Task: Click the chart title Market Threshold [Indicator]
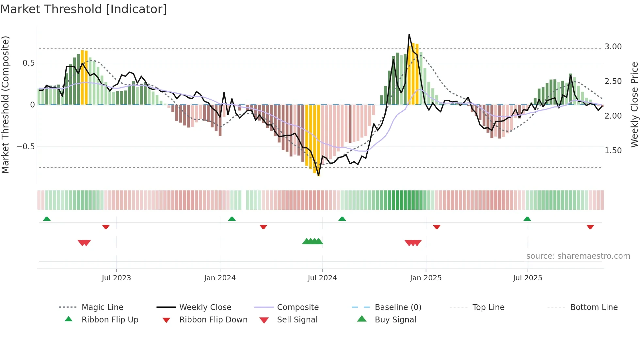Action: click(x=84, y=9)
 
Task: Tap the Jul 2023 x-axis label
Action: click(x=116, y=278)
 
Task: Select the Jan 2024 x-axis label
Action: click(x=220, y=278)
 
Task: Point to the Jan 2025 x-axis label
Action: click(x=425, y=278)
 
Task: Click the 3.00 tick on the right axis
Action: click(x=613, y=47)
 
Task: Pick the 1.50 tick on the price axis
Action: click(x=613, y=151)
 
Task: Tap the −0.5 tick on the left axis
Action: click(x=25, y=147)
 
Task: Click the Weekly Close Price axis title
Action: click(x=634, y=105)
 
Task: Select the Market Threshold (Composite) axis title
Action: click(x=5, y=105)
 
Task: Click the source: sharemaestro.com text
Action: click(x=578, y=256)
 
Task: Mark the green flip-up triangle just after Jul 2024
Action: click(x=342, y=219)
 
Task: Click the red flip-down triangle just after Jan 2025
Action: click(x=437, y=227)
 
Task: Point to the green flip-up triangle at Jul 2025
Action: click(x=527, y=219)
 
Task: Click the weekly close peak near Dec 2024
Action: click(x=409, y=34)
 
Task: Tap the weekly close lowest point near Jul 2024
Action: click(x=319, y=175)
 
